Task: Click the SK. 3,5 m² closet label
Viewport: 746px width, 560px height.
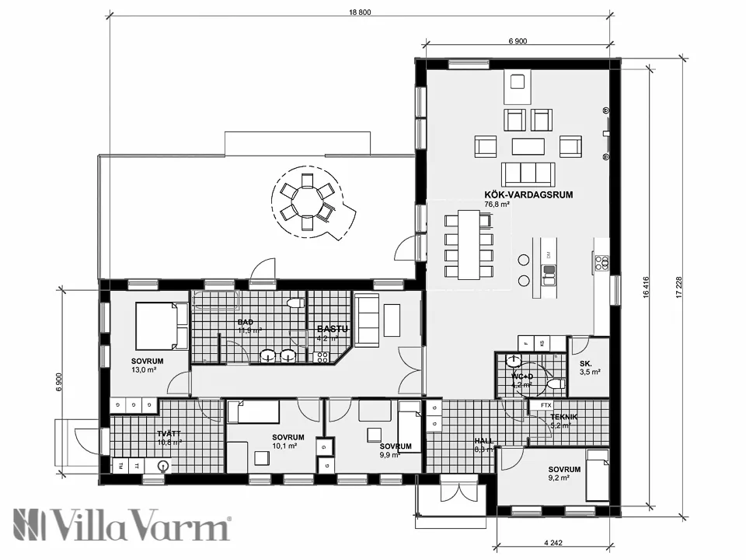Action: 589,363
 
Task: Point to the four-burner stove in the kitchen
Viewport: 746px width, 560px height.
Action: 601,263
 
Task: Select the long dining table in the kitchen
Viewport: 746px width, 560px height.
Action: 469,243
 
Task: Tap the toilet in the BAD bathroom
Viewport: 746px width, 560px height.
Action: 295,303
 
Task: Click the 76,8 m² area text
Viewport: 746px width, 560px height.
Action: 497,205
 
